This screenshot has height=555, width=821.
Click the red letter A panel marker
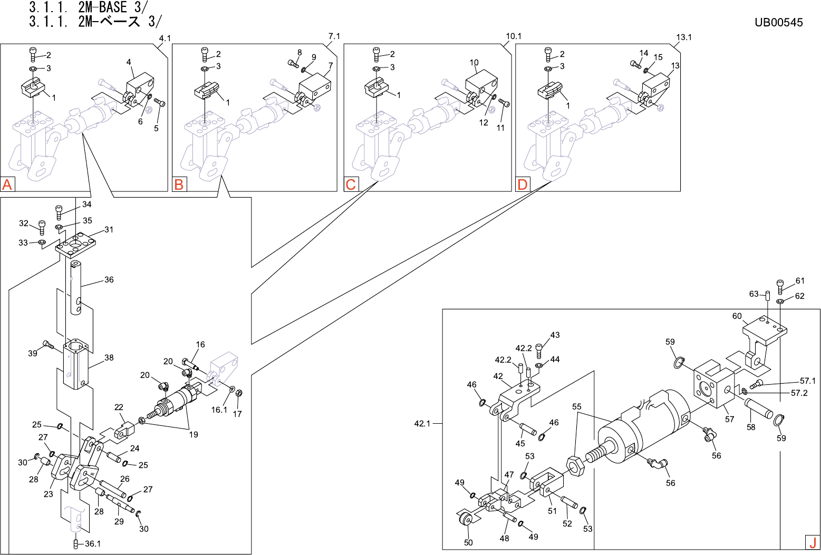tap(7, 184)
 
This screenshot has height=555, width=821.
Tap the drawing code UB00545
tap(778, 22)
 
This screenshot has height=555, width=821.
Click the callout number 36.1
tap(92, 543)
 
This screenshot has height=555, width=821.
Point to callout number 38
tap(109, 357)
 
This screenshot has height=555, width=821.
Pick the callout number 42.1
tap(422, 423)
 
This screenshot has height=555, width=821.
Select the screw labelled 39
tap(48, 345)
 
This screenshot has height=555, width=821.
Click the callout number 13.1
tap(684, 37)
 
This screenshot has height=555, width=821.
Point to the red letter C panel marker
tap(351, 184)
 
